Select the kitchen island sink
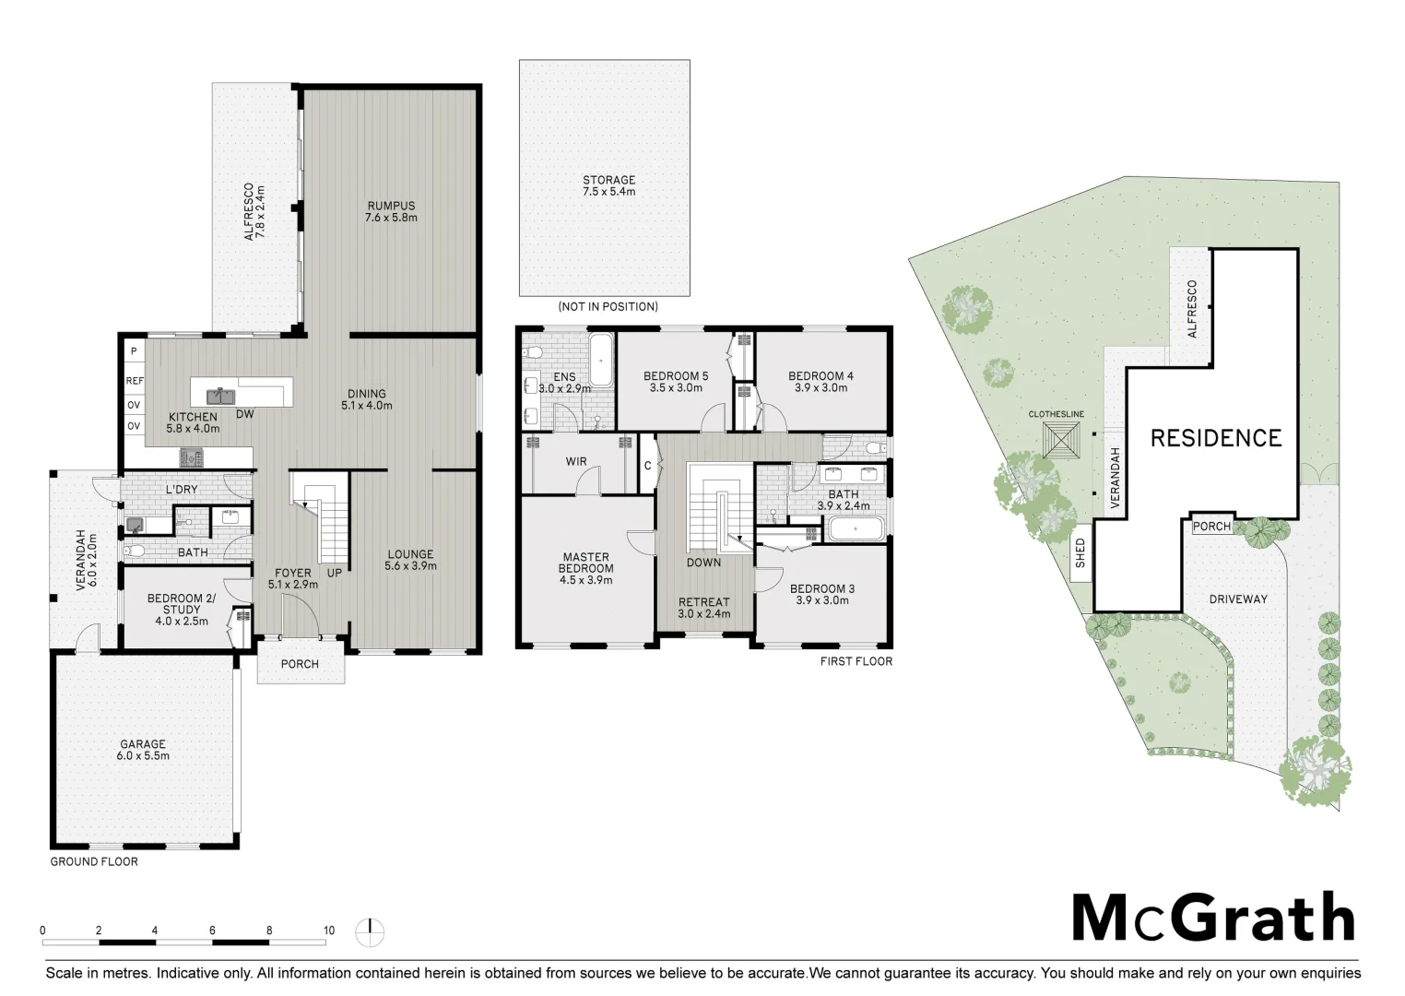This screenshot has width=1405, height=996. click(219, 397)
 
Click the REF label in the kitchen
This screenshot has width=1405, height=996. click(135, 380)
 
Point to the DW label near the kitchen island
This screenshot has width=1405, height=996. click(244, 415)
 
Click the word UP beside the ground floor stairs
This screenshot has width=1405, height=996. click(335, 573)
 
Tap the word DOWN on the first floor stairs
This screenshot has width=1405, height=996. click(703, 563)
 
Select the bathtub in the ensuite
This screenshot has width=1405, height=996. click(600, 361)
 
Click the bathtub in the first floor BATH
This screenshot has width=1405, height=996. click(856, 529)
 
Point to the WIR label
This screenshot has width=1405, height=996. click(576, 462)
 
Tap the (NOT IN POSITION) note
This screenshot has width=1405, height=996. click(608, 306)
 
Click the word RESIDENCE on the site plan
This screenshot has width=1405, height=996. click(1215, 438)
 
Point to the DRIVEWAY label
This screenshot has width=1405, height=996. click(1238, 599)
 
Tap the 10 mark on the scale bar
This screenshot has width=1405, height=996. click(329, 931)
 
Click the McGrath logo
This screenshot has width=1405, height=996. click(1212, 919)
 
